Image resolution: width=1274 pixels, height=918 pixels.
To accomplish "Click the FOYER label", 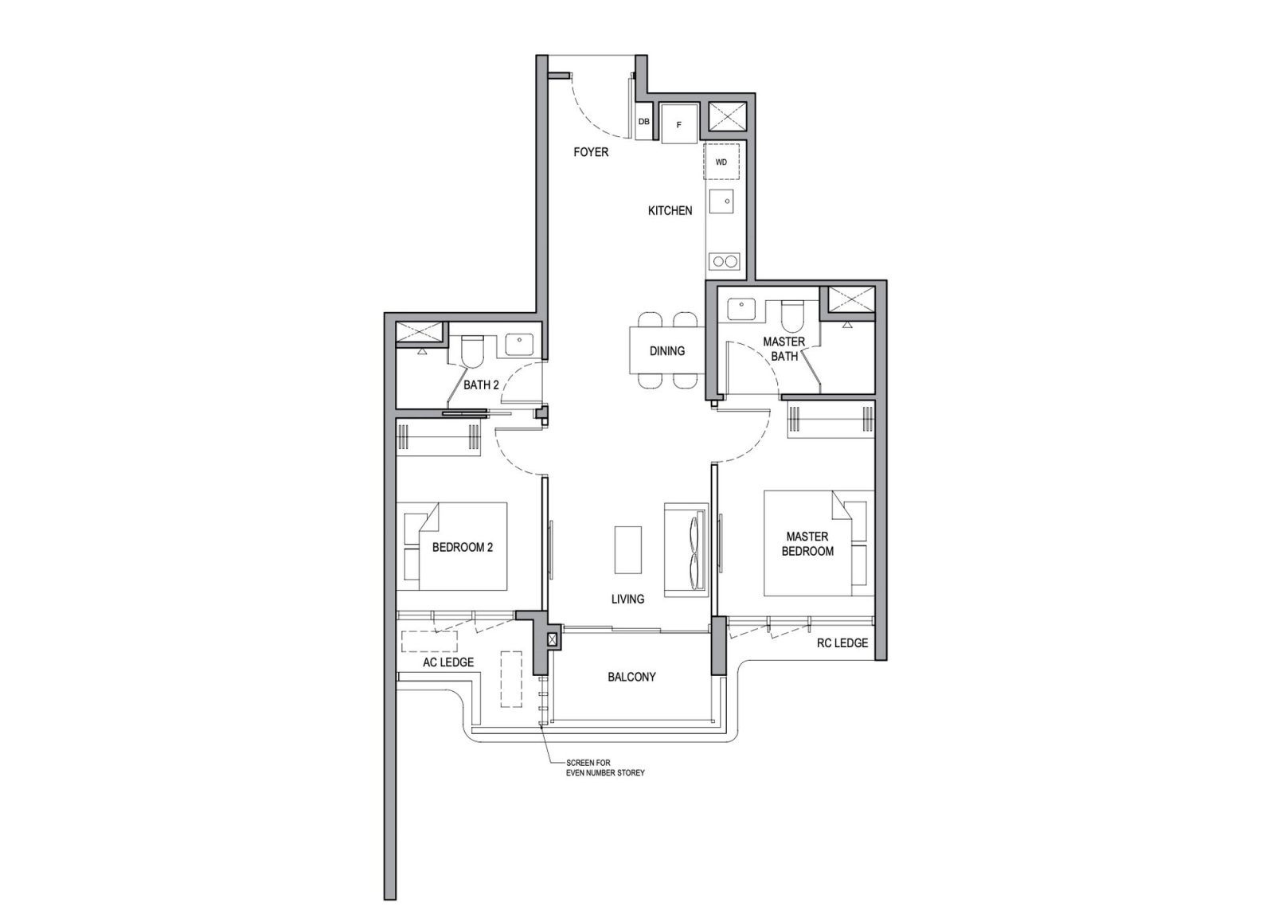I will point(590,152).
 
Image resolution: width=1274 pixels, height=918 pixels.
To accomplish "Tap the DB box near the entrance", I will point(643,122).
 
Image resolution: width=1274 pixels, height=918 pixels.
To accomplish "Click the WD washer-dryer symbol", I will point(721,162).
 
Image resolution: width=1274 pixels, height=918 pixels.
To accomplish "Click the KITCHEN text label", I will point(670,211).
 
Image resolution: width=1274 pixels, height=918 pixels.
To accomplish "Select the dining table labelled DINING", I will point(666,351).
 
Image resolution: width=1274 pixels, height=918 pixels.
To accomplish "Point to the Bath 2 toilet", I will point(472,349).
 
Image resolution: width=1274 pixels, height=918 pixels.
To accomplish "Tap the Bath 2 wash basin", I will point(519,344).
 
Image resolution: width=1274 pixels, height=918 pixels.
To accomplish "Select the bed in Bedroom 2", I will point(462,547).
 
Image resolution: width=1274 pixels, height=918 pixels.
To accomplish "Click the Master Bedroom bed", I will point(807,544).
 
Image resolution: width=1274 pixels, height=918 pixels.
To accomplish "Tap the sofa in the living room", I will point(686,549).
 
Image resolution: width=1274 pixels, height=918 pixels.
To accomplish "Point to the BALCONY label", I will point(631,677).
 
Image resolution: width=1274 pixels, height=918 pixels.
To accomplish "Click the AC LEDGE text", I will point(448,662).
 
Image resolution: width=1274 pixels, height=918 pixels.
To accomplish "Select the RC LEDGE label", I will point(842,643).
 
